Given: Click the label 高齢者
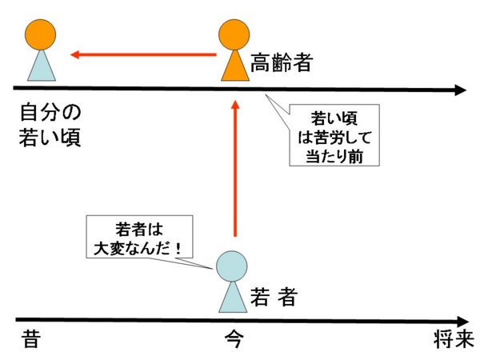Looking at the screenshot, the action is (x=282, y=62).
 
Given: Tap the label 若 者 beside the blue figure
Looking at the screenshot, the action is (x=274, y=296).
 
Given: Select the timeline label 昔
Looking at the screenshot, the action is (x=31, y=338).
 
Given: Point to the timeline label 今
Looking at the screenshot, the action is (x=234, y=338).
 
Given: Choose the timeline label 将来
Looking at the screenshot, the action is (x=454, y=338).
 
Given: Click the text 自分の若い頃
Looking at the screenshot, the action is (x=50, y=125).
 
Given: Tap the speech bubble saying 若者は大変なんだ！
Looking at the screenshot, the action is (x=139, y=237).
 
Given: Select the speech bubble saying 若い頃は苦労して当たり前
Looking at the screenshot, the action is (x=334, y=135).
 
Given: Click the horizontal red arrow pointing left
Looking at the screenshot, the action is (x=143, y=54).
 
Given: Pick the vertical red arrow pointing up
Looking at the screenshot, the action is (x=235, y=168).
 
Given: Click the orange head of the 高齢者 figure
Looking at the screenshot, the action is (x=234, y=34).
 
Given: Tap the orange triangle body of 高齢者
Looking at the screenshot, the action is (x=235, y=66).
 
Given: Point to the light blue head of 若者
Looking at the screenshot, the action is (x=231, y=266).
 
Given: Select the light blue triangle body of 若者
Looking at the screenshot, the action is (x=233, y=297).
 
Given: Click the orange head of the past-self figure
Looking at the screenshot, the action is (x=41, y=34).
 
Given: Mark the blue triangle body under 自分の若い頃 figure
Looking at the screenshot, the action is (x=42, y=66).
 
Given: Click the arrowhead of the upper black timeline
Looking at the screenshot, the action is (x=461, y=90).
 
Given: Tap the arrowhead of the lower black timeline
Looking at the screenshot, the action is (x=463, y=322).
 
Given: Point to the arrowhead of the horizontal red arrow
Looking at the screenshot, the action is (x=75, y=54).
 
